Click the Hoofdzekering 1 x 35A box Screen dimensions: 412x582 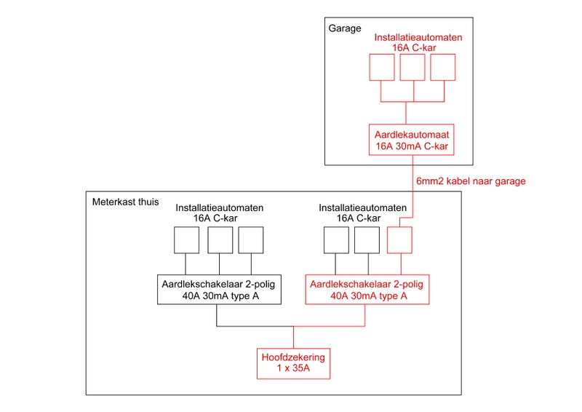(293, 363)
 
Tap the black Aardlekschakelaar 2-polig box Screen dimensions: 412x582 (219, 290)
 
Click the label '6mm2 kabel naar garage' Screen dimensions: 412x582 (469, 181)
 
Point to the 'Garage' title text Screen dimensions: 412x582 (346, 29)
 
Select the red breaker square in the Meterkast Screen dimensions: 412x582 (399, 240)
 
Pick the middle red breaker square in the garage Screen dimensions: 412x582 (412, 68)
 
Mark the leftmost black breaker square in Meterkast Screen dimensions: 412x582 (186, 240)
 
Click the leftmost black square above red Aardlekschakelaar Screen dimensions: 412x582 (336, 240)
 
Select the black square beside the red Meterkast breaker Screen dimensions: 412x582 (367, 240)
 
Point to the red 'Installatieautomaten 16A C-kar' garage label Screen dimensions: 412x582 (412, 42)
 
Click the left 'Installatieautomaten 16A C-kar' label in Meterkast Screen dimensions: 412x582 (220, 213)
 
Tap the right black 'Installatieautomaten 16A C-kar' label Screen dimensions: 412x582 (363, 213)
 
